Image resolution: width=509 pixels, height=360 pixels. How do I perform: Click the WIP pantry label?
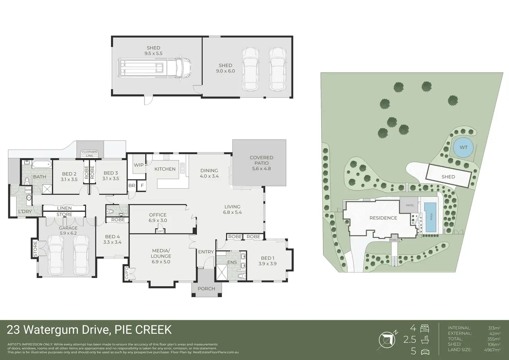tap(139, 165)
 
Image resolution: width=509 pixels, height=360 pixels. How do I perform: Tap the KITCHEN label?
tap(165, 169)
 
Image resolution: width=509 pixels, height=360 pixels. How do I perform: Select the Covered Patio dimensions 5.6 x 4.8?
tap(261, 169)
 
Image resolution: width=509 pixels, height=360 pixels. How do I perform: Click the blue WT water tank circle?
tap(463, 148)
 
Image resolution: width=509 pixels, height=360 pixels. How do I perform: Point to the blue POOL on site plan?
tap(431, 218)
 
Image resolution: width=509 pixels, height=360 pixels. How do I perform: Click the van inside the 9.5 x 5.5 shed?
tap(154, 67)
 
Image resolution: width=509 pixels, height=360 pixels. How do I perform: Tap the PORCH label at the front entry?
tap(206, 289)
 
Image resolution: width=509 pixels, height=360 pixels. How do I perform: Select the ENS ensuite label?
tap(232, 262)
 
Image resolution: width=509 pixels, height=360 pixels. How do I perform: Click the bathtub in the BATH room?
tap(42, 164)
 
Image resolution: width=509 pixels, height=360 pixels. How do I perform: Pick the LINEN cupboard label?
tap(64, 208)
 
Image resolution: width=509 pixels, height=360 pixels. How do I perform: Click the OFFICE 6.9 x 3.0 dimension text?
tap(158, 220)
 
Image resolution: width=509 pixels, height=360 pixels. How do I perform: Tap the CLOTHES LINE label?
tap(90, 154)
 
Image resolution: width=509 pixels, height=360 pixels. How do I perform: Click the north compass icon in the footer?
tap(388, 340)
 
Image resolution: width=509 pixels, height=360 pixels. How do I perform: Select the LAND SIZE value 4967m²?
tap(492, 350)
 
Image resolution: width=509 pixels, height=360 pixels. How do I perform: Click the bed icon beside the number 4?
tap(425, 328)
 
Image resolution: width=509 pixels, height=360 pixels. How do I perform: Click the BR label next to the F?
tap(132, 185)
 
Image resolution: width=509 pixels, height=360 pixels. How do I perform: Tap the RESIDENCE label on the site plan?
tap(383, 218)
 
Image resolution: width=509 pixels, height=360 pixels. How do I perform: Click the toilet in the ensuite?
tap(242, 276)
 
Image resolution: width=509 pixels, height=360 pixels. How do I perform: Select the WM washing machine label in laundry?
tap(28, 190)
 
